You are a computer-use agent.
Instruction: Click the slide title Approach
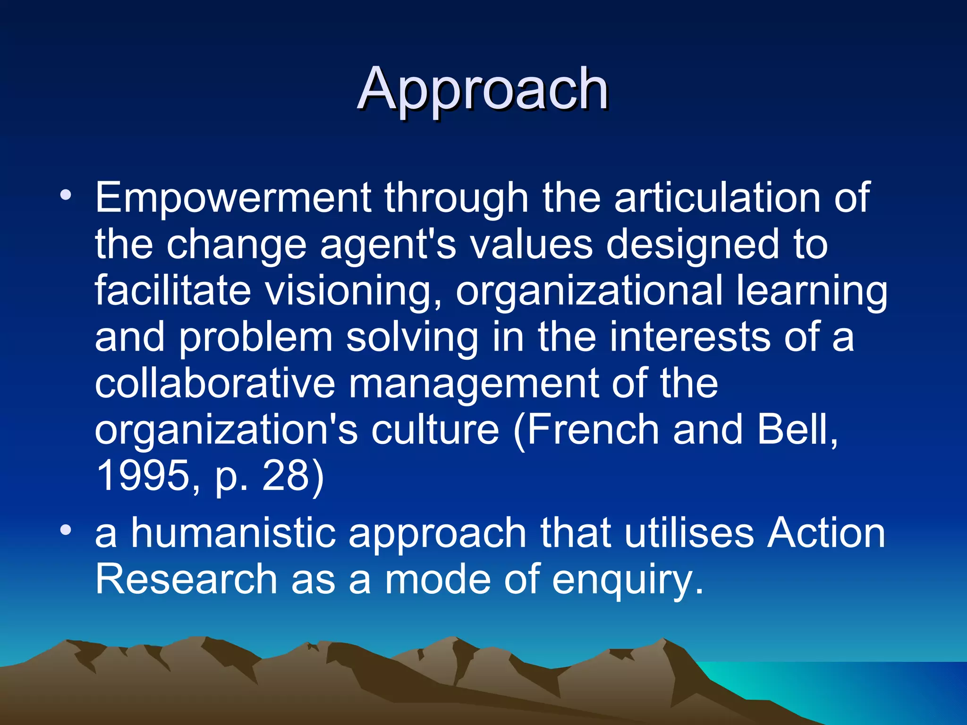(x=483, y=90)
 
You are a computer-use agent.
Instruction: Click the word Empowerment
(x=233, y=198)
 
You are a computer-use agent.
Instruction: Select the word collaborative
(x=215, y=383)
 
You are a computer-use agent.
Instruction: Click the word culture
(x=435, y=430)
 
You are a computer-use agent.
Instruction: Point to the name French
(x=593, y=430)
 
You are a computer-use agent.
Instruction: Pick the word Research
(x=186, y=580)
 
